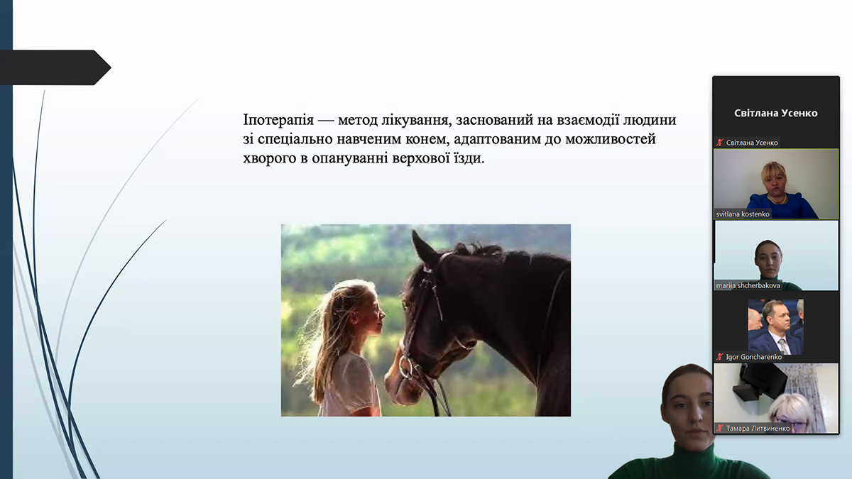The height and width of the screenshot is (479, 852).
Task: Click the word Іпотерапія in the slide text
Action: click(x=278, y=120)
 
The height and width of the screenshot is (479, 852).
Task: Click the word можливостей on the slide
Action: click(x=611, y=139)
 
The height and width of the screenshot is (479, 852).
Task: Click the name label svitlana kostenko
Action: click(x=743, y=214)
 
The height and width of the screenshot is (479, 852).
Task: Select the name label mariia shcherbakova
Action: click(x=748, y=285)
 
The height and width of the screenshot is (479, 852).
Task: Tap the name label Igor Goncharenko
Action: click(x=753, y=357)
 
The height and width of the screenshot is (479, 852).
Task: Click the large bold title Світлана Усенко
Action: click(x=775, y=113)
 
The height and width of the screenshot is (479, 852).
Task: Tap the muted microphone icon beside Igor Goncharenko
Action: click(x=719, y=357)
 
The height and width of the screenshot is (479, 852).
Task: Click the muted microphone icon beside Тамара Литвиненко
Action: click(x=719, y=429)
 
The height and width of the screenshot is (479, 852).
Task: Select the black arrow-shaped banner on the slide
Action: click(x=55, y=67)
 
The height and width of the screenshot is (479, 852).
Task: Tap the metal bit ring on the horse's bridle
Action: click(x=406, y=367)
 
